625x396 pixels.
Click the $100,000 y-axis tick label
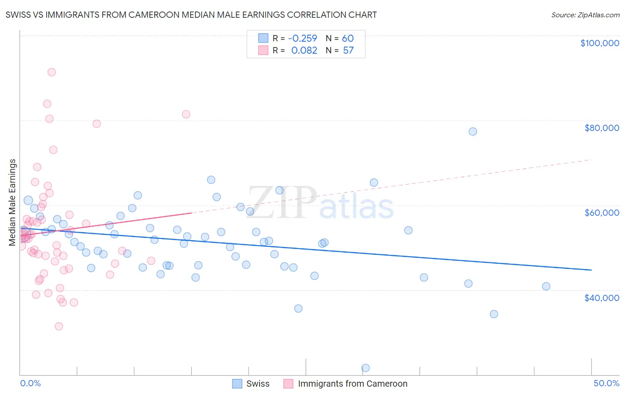pos(599,43)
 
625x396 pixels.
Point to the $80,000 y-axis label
pos(601,128)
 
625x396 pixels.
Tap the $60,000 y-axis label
pos(601,213)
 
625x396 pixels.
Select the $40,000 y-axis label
pos(601,297)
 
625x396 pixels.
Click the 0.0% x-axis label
pos(30,383)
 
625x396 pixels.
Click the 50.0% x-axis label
pos(606,383)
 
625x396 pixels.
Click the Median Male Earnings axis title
pos(12,202)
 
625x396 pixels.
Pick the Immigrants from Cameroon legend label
pos(353,384)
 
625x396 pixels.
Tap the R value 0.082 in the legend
pos(304,51)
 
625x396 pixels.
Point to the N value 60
pos(348,38)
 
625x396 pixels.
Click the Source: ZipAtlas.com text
pos(585,15)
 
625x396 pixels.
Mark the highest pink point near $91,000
pos(52,72)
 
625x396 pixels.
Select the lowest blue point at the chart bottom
pos(365,368)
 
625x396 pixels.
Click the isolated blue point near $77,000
pos(473,131)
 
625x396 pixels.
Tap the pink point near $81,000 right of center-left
pos(186,114)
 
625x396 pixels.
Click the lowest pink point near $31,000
pos(59,326)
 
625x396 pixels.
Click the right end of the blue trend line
pos(591,270)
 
